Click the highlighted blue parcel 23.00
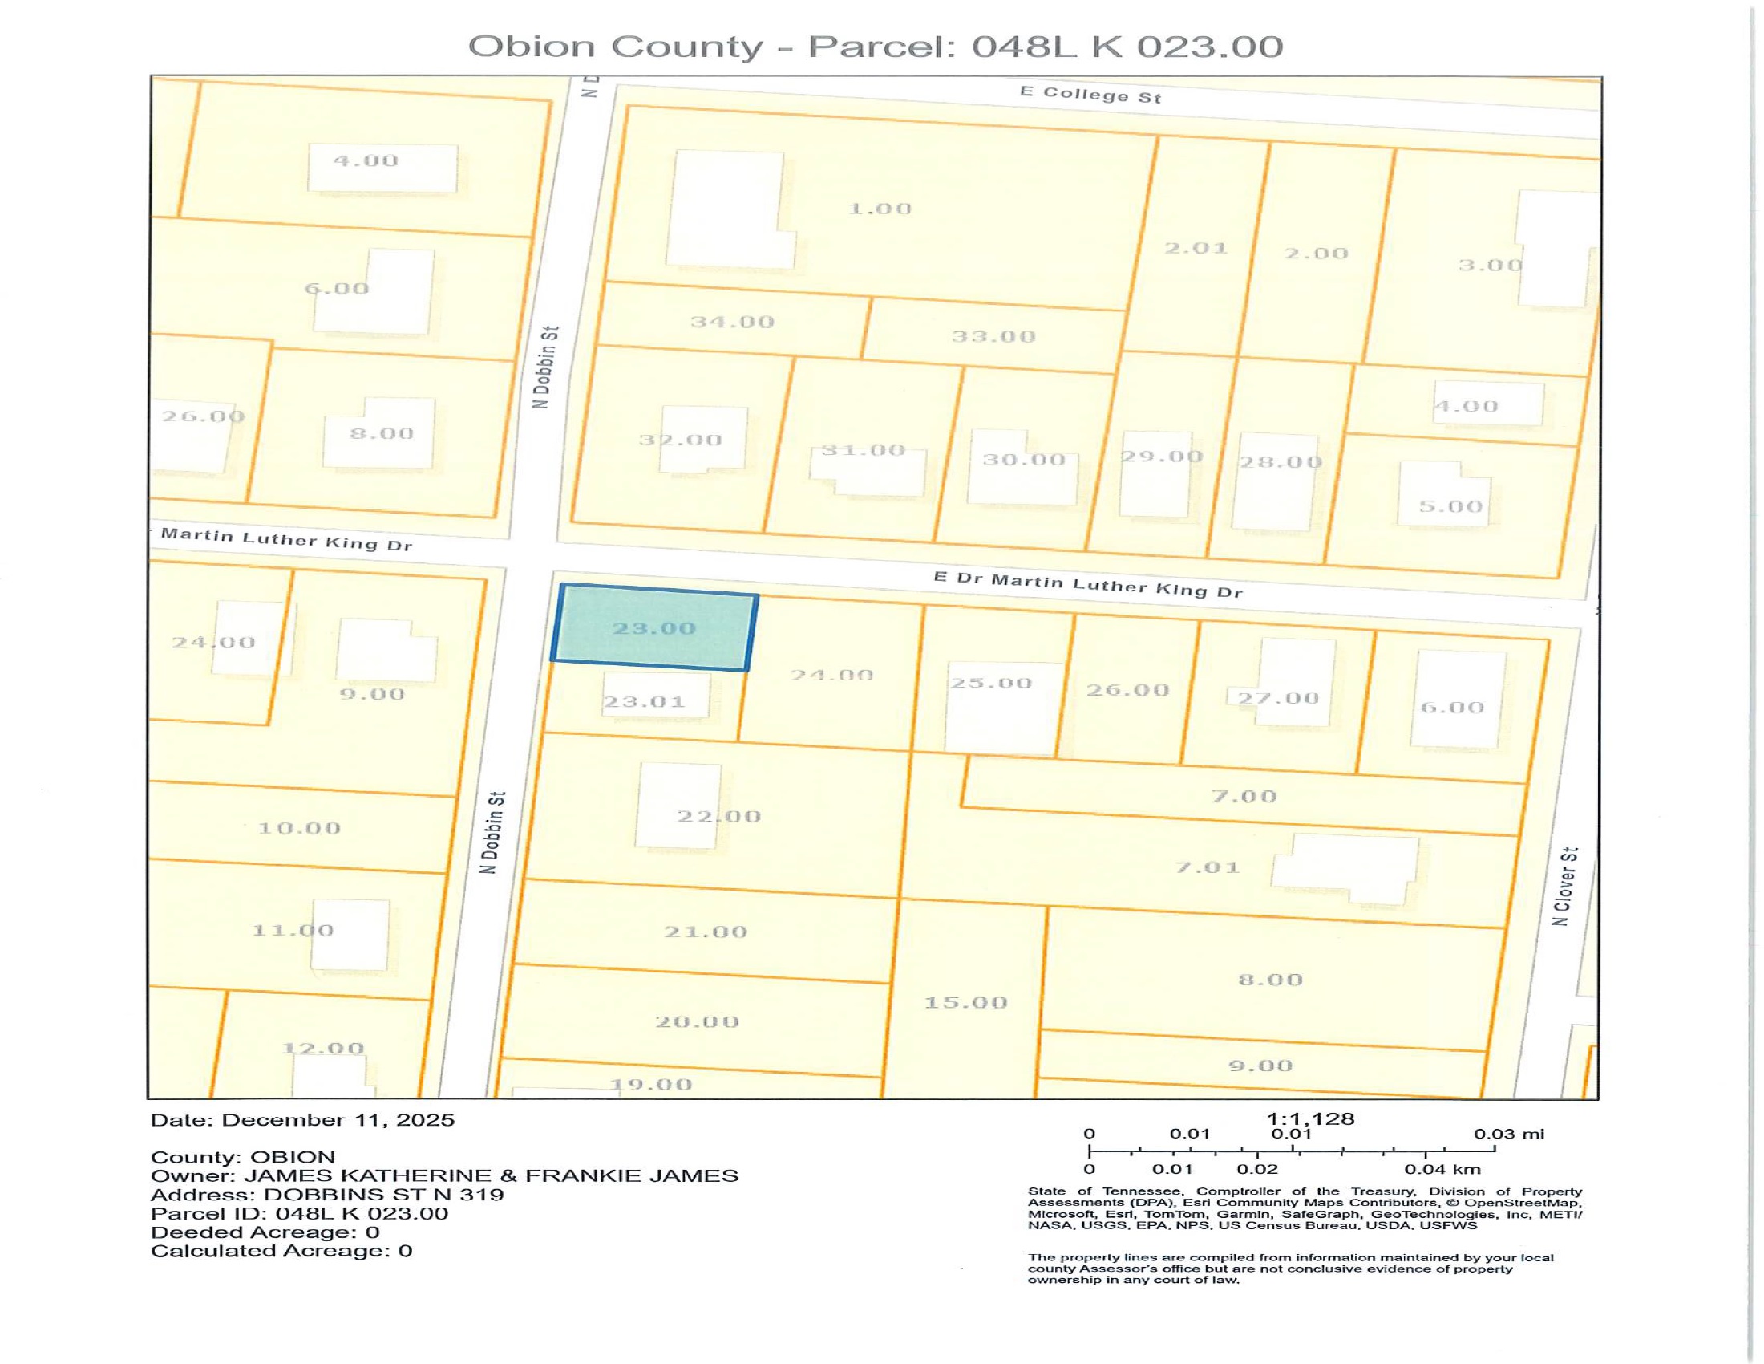(654, 628)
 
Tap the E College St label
(1090, 95)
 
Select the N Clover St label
(1564, 887)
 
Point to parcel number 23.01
(644, 701)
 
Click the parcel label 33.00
(993, 336)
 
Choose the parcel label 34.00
(732, 322)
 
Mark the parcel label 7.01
(1207, 867)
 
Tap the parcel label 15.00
(965, 1003)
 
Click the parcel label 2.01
(1196, 248)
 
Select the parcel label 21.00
(705, 932)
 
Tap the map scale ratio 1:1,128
(1310, 1119)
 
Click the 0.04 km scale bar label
(1442, 1169)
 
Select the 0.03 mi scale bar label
(1508, 1134)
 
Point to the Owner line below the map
(444, 1175)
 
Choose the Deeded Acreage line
(265, 1232)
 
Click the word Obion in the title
(533, 46)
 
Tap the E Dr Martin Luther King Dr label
(1087, 584)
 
